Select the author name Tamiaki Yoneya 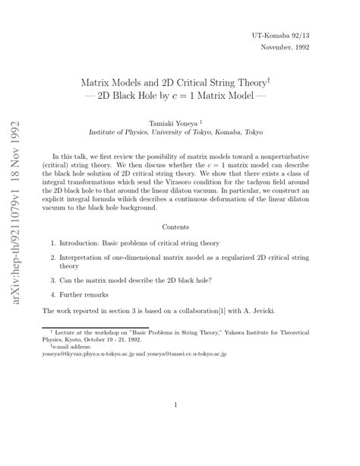click(173, 120)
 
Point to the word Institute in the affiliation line click(106, 132)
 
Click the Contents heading click(180, 226)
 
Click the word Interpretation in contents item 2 click(87, 260)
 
